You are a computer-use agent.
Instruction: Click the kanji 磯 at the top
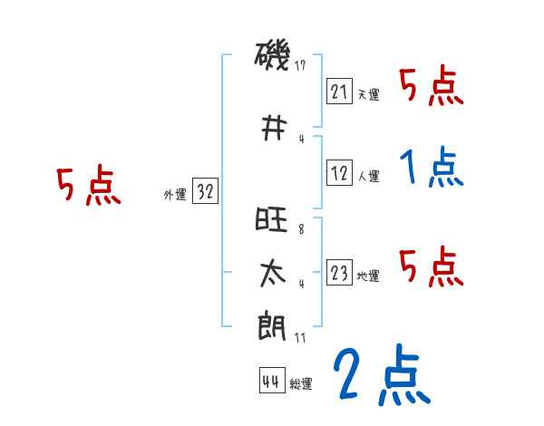point(271,59)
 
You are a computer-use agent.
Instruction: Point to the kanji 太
point(271,274)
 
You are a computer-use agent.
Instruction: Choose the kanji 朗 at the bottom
point(271,324)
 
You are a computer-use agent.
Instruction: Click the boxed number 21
point(340,91)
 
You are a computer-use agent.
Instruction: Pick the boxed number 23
point(340,274)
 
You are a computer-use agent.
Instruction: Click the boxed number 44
point(271,382)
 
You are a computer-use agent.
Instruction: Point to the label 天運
point(368,94)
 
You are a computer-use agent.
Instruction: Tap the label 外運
point(175,194)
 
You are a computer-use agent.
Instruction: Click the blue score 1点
point(431,168)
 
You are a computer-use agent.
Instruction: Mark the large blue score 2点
point(381,376)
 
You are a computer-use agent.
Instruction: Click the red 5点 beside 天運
point(431,86)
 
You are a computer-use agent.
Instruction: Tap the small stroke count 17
point(302,66)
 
